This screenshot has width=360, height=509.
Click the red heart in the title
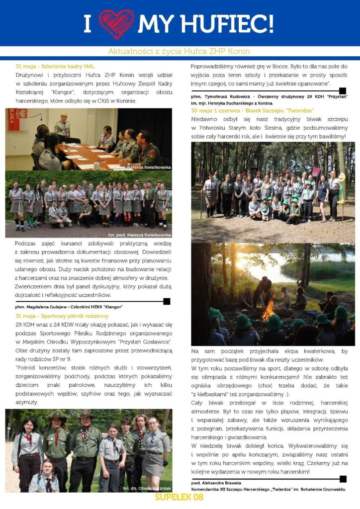116,23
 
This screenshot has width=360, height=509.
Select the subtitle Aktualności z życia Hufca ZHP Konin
179,52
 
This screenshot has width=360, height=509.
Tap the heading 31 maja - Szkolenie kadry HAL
55,66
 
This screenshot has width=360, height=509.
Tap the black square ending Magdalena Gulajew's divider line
167,301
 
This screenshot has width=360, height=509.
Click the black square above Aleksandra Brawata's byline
343,479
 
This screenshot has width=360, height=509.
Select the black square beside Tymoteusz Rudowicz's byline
343,91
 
